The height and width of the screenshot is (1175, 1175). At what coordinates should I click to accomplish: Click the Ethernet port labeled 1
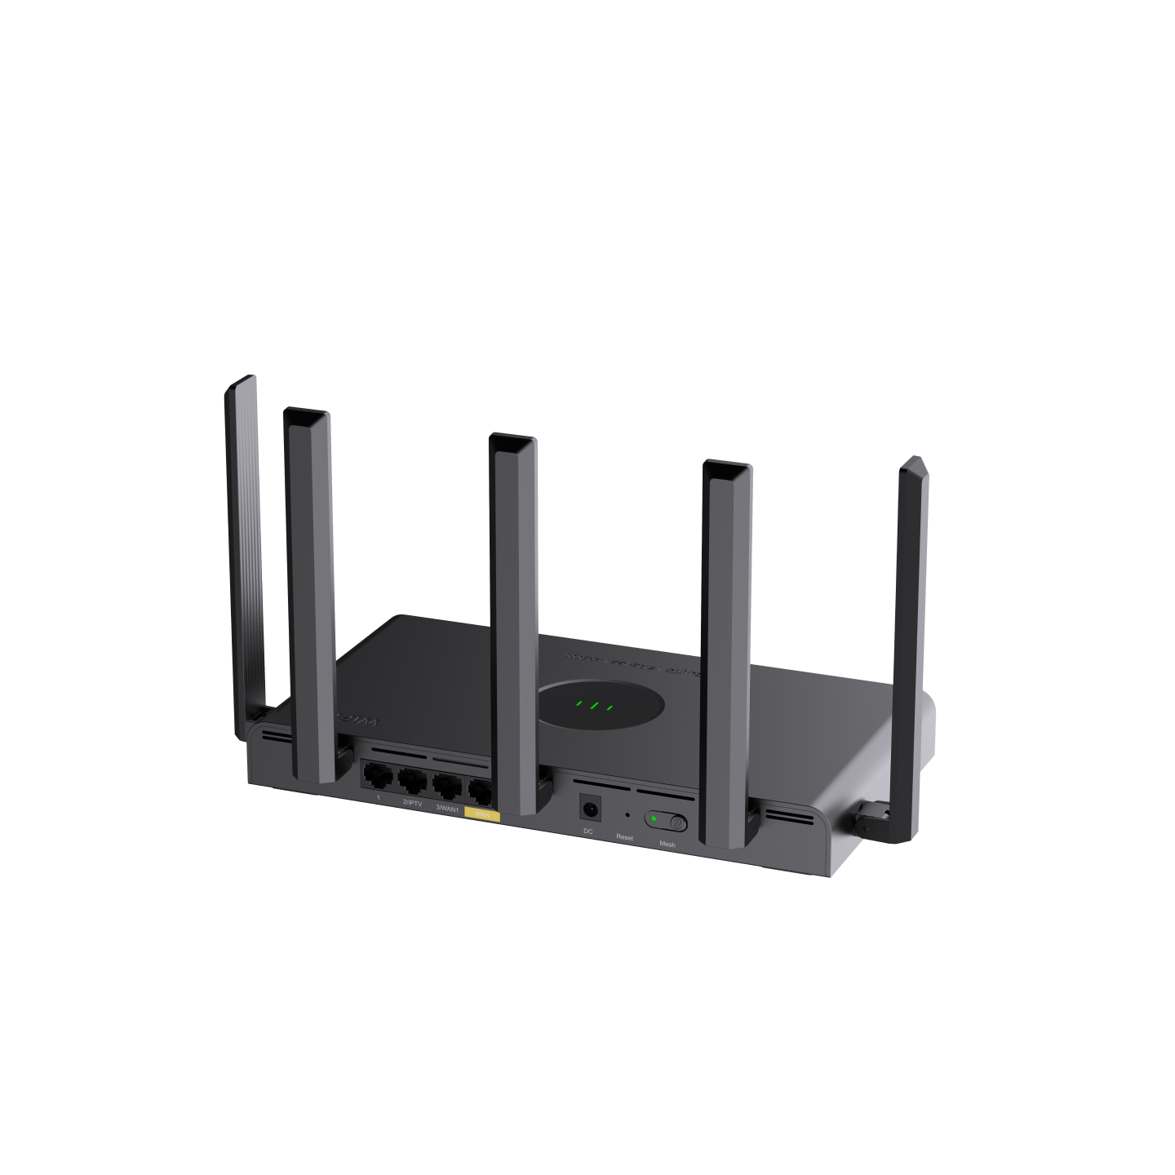pos(377,775)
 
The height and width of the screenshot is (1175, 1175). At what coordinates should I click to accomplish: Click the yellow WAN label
pos(481,814)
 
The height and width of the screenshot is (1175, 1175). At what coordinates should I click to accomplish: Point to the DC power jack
pos(589,809)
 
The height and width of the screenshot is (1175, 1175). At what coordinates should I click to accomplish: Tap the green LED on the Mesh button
pos(654,819)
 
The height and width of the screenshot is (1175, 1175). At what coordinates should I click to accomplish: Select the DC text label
pos(587,831)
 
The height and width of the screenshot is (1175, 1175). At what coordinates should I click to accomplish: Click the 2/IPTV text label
pos(412,803)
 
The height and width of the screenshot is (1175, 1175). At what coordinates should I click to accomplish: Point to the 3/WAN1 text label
pos(446,808)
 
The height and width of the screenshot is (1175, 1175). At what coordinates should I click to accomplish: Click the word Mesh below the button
pos(667,845)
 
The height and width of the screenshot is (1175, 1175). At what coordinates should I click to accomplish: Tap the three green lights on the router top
pos(593,705)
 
